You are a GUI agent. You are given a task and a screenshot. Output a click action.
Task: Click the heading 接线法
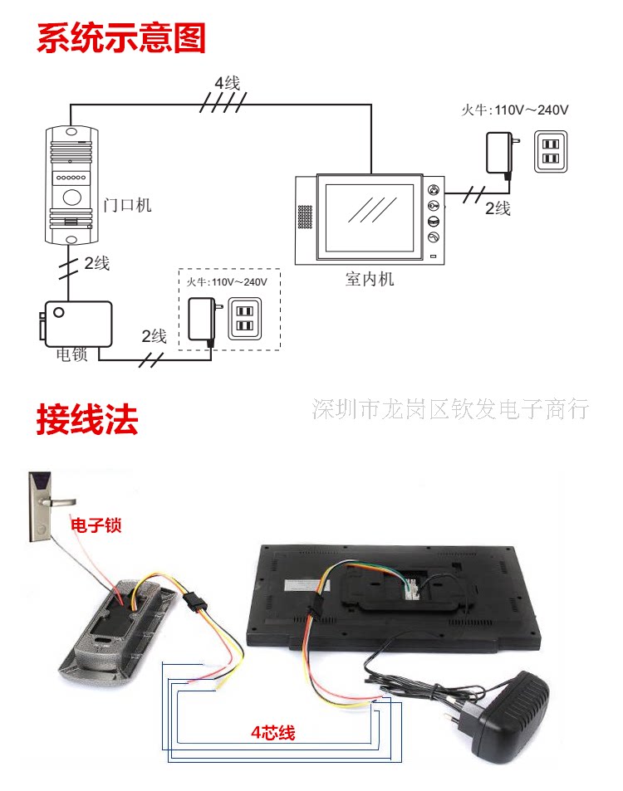[x=86, y=420]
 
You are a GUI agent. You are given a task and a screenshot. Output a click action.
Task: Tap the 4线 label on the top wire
[x=227, y=83]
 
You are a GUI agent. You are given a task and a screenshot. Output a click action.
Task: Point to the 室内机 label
[x=369, y=280]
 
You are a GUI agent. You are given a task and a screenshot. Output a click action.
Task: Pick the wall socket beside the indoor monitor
[x=551, y=151]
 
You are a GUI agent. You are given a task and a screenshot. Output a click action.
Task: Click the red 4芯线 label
[x=272, y=733]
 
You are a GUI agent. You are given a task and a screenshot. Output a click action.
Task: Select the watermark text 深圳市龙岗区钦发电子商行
[x=450, y=408]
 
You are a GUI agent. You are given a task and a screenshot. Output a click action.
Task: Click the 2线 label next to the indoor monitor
[x=498, y=208]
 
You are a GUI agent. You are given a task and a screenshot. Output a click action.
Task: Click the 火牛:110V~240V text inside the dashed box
[x=227, y=282]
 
